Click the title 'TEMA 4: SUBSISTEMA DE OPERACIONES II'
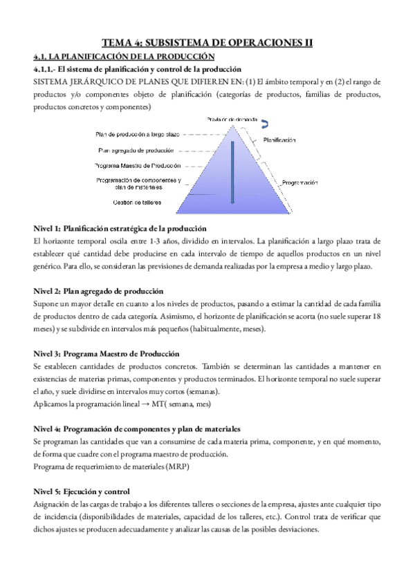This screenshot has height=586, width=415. [207, 43]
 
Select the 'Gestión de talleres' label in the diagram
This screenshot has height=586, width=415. [137, 202]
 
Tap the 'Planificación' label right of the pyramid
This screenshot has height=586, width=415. [279, 140]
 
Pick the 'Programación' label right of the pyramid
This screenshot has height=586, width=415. [299, 182]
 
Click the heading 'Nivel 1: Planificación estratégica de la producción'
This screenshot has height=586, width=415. [120, 229]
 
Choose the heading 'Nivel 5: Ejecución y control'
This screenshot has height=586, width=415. [82, 491]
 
